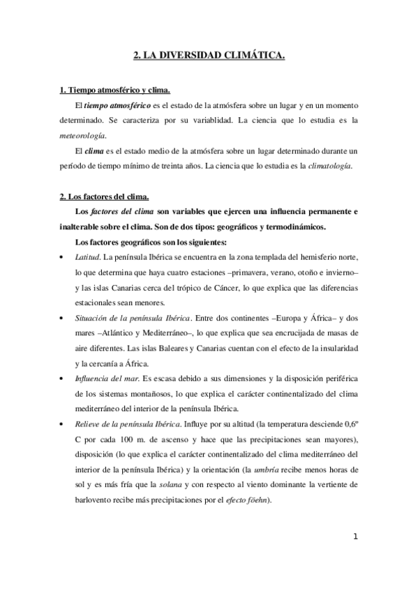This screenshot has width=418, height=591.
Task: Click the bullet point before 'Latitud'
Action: click(x=64, y=258)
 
